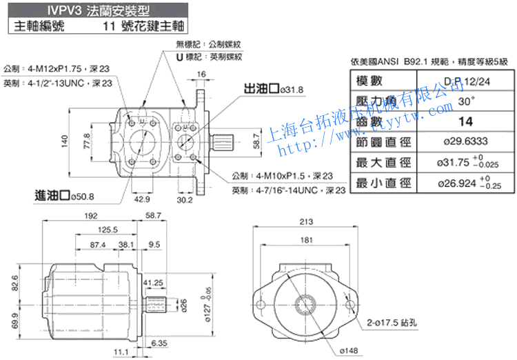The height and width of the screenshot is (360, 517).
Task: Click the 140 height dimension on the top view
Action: [x=64, y=141]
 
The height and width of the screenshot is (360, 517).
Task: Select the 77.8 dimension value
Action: [x=88, y=141]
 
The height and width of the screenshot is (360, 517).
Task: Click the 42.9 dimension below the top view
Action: [x=141, y=200]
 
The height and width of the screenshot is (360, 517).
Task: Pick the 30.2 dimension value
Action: [x=185, y=200]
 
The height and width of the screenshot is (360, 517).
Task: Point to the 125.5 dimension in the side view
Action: [x=108, y=230]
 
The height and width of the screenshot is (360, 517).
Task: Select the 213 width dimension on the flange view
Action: [x=307, y=221]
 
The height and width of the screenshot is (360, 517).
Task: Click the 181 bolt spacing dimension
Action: [x=306, y=240]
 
